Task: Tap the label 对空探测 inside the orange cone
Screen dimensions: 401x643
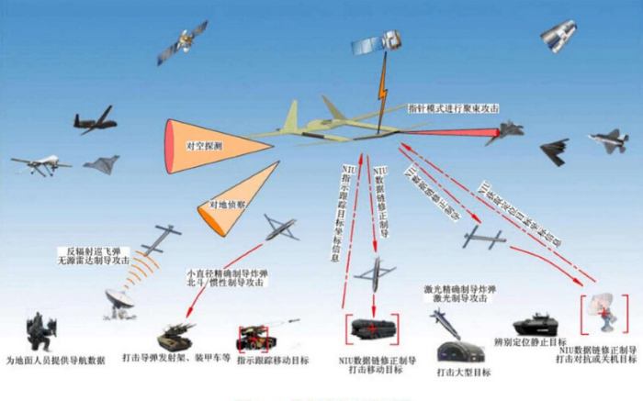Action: pos(204,146)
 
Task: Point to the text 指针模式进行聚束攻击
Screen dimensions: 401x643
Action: pos(454,108)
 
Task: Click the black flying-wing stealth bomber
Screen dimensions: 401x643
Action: pos(557,152)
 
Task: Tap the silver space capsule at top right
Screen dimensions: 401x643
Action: pos(558,35)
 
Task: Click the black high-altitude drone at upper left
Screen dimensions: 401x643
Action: pos(96,119)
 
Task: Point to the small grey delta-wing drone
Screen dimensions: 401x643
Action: pos(100,164)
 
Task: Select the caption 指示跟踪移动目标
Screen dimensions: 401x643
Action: pos(273,361)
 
